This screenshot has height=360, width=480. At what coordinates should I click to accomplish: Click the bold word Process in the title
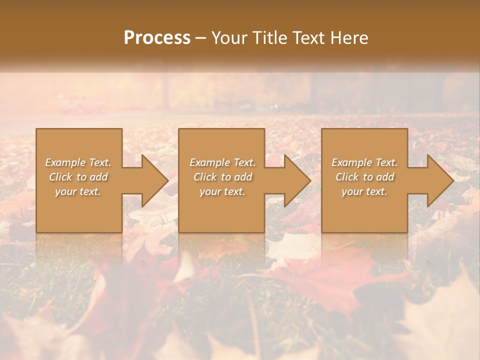157,38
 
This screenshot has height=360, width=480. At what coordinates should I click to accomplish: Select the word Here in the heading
349,38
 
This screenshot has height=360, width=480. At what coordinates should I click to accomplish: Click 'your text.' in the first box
78,191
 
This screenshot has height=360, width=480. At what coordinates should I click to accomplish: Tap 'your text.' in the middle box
222,191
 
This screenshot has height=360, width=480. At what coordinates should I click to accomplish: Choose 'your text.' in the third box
364,191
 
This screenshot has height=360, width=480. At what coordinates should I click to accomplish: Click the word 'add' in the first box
99,177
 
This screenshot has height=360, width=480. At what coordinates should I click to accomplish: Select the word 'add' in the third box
385,177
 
